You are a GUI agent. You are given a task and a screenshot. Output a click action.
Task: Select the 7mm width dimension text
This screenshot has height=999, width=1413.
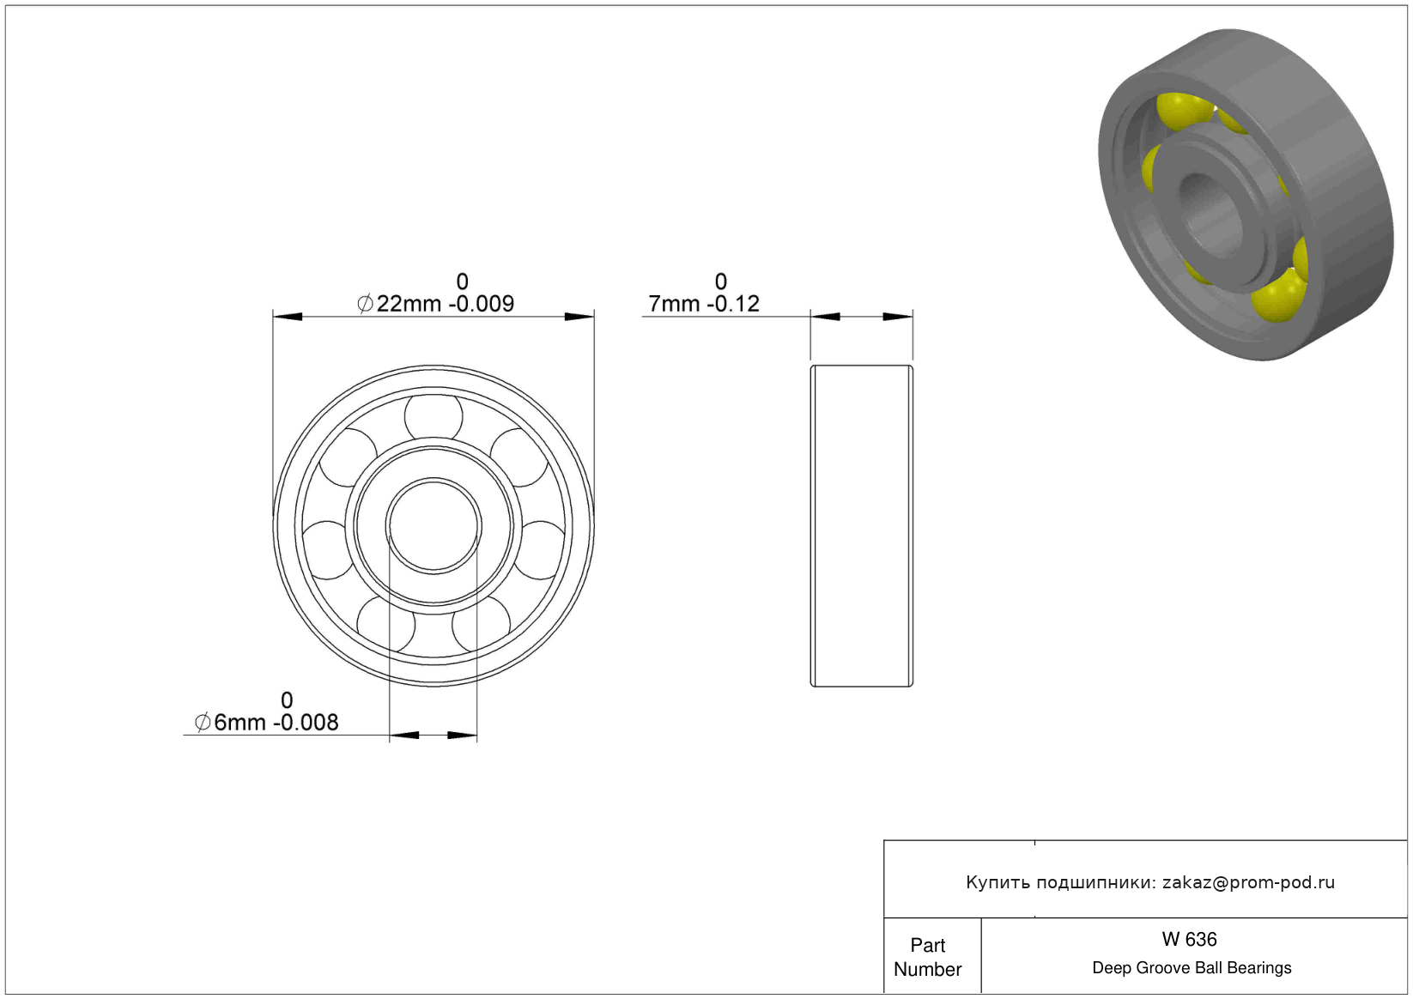pyautogui.click(x=704, y=303)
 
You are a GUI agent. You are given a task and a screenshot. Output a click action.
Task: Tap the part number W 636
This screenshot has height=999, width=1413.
pyautogui.click(x=1189, y=939)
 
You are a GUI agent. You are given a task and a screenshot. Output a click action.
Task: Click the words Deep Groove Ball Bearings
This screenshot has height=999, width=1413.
pyautogui.click(x=1192, y=967)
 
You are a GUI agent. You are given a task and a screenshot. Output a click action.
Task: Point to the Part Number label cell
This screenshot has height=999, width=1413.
pyautogui.click(x=927, y=957)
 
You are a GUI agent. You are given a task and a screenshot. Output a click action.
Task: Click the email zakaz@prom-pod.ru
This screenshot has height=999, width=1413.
pyautogui.click(x=1248, y=882)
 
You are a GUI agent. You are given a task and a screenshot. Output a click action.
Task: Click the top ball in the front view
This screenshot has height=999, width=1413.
pyautogui.click(x=434, y=416)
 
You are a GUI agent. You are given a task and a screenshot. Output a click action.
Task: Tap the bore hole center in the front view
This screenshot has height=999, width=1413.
pyautogui.click(x=434, y=526)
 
